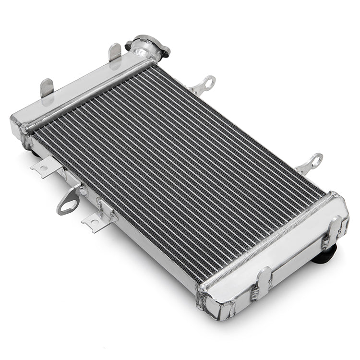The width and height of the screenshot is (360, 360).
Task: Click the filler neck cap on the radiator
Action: point(148,45)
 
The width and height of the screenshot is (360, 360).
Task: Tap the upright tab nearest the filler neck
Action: point(115,52)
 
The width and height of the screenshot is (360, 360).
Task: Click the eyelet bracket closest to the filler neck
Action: point(204,85)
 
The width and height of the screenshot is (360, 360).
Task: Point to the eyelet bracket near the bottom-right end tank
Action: point(311,163)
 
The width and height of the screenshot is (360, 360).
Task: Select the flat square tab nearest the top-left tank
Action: point(45,167)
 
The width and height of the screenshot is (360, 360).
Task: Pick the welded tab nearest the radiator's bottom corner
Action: point(263,283)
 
